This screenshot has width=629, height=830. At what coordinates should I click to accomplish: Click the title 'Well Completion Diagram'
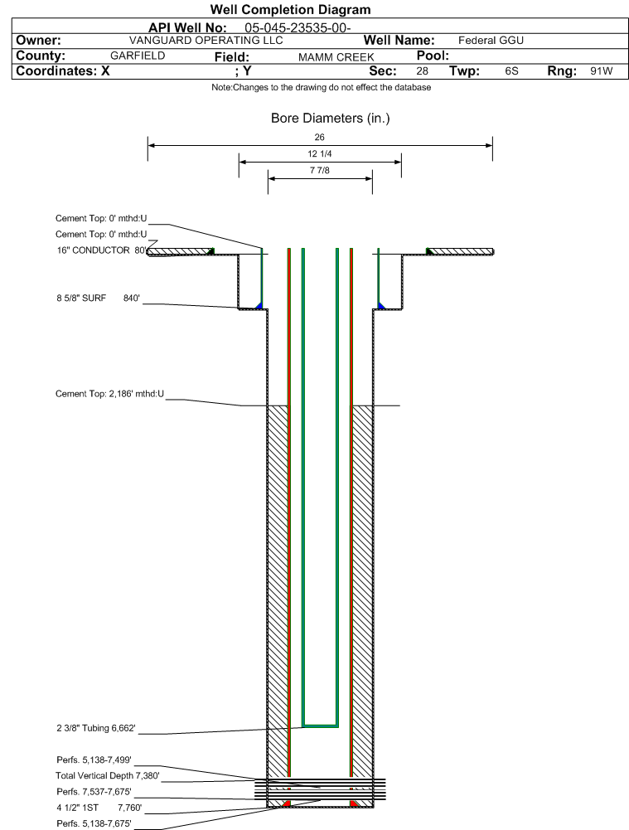tap(290, 9)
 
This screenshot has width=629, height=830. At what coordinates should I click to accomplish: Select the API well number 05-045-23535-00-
tap(298, 28)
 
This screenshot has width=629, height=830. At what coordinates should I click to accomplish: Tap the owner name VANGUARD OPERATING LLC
tap(206, 41)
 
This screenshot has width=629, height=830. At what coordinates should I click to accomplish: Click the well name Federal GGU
tap(491, 41)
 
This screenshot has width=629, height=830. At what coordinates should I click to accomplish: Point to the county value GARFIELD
tap(138, 56)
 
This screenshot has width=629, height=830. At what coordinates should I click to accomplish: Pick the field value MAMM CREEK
tap(336, 57)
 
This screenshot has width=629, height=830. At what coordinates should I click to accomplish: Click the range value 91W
tap(602, 71)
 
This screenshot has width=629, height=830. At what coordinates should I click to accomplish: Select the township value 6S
tap(511, 71)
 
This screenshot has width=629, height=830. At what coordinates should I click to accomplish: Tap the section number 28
tap(422, 71)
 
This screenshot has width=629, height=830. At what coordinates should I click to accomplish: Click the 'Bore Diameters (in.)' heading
tap(330, 118)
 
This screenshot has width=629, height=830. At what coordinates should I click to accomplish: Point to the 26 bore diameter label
tap(320, 137)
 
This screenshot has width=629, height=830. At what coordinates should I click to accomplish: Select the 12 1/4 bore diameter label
tap(320, 153)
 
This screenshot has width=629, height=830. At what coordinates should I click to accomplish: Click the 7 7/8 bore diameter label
tap(320, 170)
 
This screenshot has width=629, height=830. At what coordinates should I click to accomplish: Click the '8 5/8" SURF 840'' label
tap(99, 298)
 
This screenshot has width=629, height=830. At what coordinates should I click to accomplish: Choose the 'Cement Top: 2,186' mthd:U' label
tap(109, 394)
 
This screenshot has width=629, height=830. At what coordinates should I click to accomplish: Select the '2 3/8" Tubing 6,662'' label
tap(96, 728)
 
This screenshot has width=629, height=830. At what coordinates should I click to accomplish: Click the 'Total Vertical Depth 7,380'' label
tap(108, 776)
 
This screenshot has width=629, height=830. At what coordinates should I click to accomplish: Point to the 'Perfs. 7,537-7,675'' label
tap(94, 792)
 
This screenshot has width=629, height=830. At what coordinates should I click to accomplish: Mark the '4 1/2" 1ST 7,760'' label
tap(99, 808)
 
